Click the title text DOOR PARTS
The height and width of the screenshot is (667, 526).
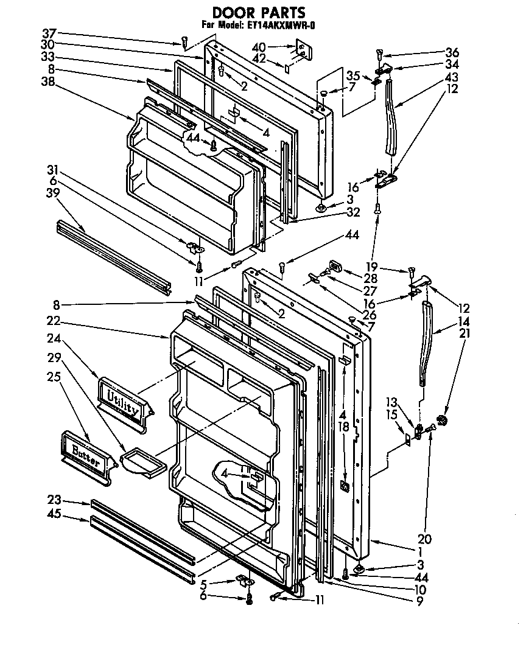258,12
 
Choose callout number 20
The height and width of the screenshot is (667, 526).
424,539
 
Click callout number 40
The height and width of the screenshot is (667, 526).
259,46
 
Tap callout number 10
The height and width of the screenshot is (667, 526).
419,589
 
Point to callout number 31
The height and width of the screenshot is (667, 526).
54,169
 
